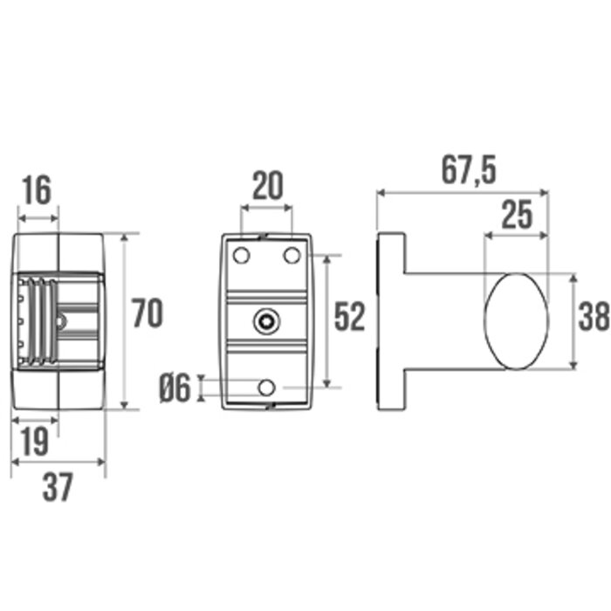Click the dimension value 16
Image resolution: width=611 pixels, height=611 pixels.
point(38,190)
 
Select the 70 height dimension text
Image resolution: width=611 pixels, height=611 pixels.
point(148,312)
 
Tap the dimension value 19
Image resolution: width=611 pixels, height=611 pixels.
point(35,441)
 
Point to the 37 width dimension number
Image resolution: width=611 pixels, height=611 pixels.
point(58,487)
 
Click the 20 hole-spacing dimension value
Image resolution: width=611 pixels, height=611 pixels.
point(268,186)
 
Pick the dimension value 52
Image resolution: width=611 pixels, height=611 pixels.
point(349,317)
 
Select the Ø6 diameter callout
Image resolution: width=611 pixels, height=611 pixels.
point(175,388)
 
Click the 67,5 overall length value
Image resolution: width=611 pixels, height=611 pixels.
point(470,171)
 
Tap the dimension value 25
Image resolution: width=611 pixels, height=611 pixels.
point(517,215)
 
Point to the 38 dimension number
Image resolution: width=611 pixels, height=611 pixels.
point(594,316)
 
